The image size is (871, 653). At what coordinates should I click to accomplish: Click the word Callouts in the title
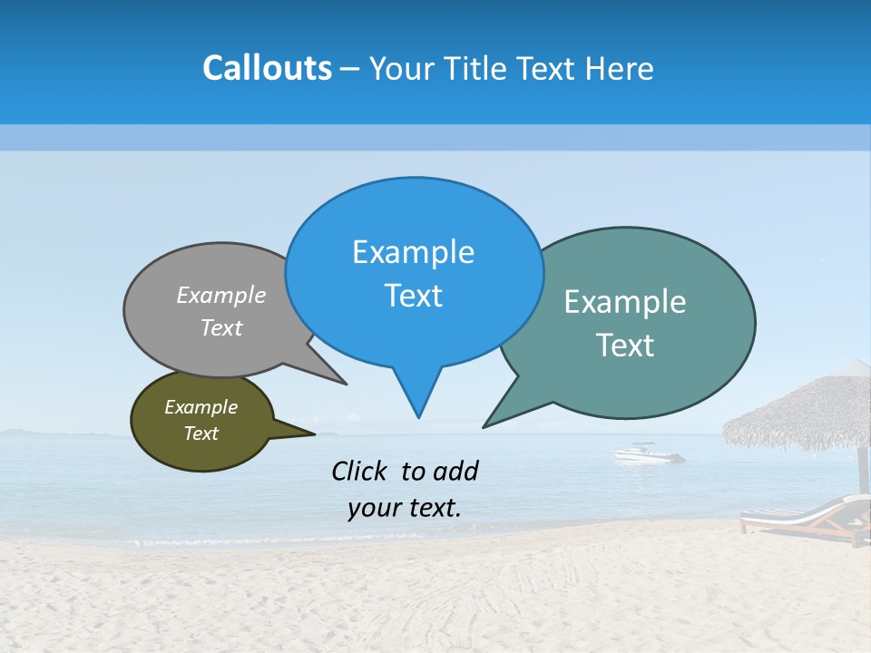pyautogui.click(x=267, y=68)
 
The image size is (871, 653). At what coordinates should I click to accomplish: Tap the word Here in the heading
pyautogui.click(x=616, y=68)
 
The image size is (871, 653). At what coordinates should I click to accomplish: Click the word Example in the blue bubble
pyautogui.click(x=413, y=252)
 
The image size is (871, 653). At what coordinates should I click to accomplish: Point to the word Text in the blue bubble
pyautogui.click(x=413, y=296)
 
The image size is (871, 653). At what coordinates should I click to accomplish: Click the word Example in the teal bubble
pyautogui.click(x=625, y=302)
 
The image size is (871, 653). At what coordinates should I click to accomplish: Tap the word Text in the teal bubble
pyautogui.click(x=625, y=346)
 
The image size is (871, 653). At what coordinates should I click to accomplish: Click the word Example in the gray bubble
pyautogui.click(x=221, y=296)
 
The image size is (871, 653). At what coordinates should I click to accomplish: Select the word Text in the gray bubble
pyautogui.click(x=221, y=328)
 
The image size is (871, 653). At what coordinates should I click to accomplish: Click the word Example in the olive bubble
pyautogui.click(x=201, y=408)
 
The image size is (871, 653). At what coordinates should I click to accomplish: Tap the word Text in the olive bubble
pyautogui.click(x=201, y=434)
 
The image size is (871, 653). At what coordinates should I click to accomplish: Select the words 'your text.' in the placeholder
pyautogui.click(x=404, y=508)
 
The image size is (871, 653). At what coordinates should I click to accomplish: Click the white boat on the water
pyautogui.click(x=646, y=453)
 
